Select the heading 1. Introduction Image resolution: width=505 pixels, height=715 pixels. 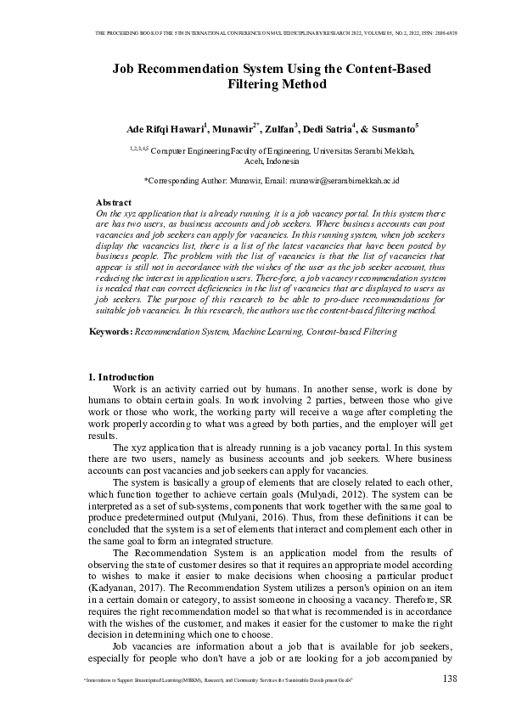coord(121,377)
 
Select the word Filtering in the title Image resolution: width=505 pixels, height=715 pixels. coord(252,85)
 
